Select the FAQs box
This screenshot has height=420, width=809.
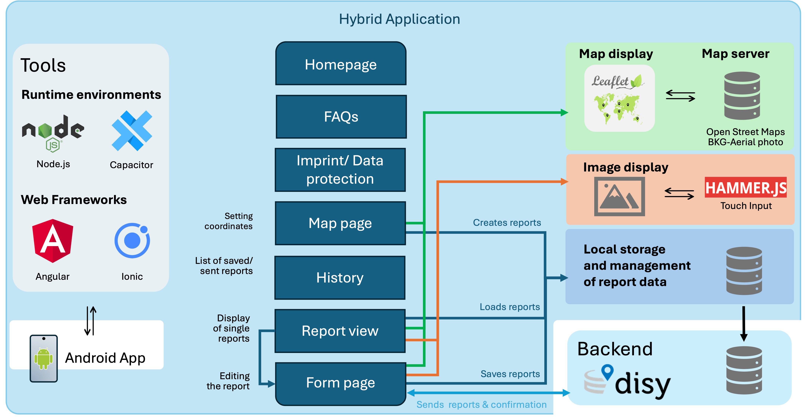pyautogui.click(x=341, y=117)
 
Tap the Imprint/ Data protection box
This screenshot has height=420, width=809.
pyautogui.click(x=340, y=170)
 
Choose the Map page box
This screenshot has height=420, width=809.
pyautogui.click(x=340, y=223)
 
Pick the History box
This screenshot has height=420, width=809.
pyautogui.click(x=340, y=278)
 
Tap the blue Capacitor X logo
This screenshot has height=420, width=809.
pyautogui.click(x=132, y=131)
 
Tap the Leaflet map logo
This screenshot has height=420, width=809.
pyautogui.click(x=619, y=98)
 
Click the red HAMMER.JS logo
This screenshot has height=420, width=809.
pyautogui.click(x=746, y=187)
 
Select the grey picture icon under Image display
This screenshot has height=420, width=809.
pyautogui.click(x=619, y=196)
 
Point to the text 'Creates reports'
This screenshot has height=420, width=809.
pyautogui.click(x=507, y=222)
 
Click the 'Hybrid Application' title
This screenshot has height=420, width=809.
pyautogui.click(x=399, y=19)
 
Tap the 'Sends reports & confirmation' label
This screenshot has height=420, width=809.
pyautogui.click(x=481, y=405)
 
